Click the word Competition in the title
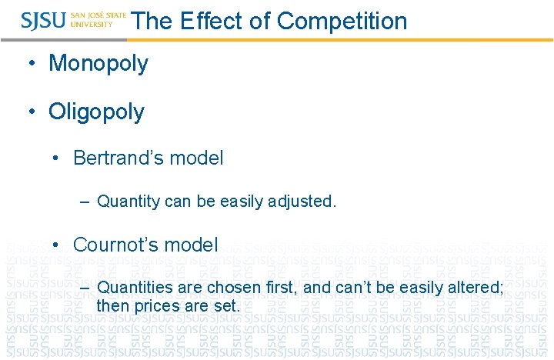tap(342, 21)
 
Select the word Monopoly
tap(98, 63)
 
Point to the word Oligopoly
tap(96, 112)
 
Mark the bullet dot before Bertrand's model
tap(57, 159)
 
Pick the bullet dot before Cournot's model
tap(57, 245)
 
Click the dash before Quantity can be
tap(85, 202)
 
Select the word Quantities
tap(135, 288)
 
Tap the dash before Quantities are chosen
tap(85, 288)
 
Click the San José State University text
tap(98, 20)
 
